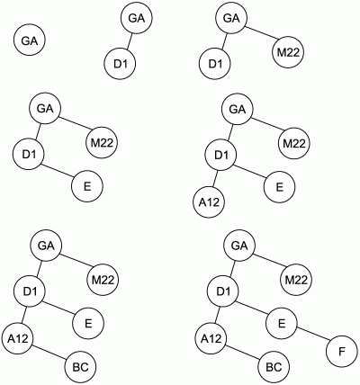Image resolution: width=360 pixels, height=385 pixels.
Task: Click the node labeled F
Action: (342, 352)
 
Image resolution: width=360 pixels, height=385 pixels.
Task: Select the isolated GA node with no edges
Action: (30, 40)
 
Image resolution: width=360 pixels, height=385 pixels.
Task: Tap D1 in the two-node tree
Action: (120, 64)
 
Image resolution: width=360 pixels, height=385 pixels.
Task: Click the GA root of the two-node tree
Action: (137, 18)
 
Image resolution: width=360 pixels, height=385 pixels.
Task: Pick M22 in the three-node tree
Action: (288, 53)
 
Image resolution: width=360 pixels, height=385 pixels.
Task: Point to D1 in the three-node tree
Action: (215, 64)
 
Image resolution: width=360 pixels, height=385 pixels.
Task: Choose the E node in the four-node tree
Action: (87, 186)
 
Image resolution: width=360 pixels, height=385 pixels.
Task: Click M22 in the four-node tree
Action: (102, 143)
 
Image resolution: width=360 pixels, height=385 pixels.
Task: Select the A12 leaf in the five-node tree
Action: (209, 202)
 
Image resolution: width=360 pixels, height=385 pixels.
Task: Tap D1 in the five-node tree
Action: (220, 155)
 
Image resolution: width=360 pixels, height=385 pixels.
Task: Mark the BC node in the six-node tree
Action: (81, 367)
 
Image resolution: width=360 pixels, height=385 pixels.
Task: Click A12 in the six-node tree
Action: (18, 338)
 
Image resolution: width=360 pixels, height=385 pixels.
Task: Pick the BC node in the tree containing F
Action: (274, 367)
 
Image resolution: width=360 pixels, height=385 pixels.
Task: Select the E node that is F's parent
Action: (281, 323)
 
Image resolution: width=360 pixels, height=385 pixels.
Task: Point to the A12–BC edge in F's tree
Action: (242, 353)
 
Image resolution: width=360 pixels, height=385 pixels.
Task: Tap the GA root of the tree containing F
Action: (239, 246)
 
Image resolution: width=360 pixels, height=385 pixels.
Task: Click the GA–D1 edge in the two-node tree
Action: (129, 41)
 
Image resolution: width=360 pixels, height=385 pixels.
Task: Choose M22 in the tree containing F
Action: (296, 280)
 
